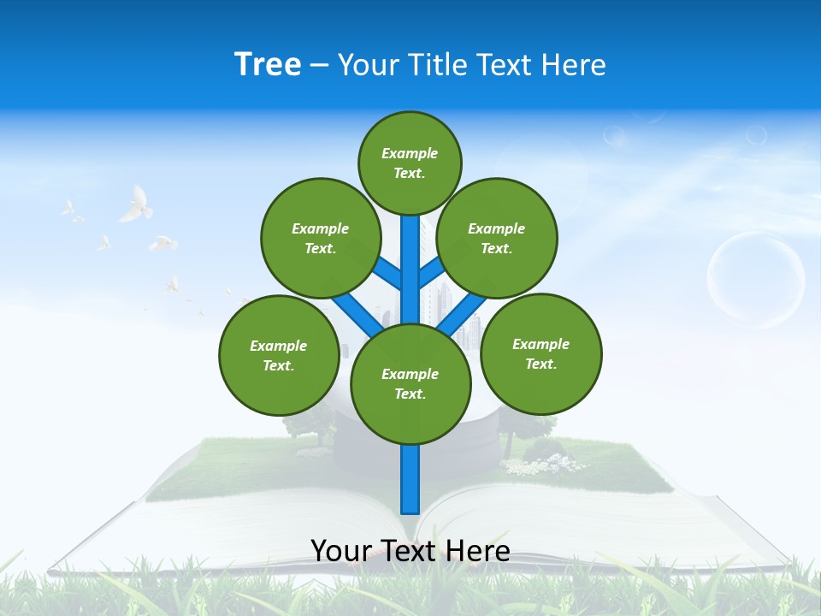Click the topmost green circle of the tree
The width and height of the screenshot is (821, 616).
point(410,163)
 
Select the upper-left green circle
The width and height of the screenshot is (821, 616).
point(321,238)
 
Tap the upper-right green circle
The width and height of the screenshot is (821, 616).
point(497,238)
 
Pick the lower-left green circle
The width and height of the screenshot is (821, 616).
point(279,355)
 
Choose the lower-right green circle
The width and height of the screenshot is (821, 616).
point(540,353)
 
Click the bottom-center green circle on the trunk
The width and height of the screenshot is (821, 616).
point(410,384)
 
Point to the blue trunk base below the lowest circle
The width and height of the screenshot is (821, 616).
point(410,479)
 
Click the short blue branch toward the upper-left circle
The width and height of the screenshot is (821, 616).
point(388,272)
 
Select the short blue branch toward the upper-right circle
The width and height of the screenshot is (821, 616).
point(431,272)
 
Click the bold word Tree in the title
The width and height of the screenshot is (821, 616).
point(268,64)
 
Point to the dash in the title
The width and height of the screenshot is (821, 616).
point(319,65)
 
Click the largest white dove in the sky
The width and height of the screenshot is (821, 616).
point(136,204)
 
